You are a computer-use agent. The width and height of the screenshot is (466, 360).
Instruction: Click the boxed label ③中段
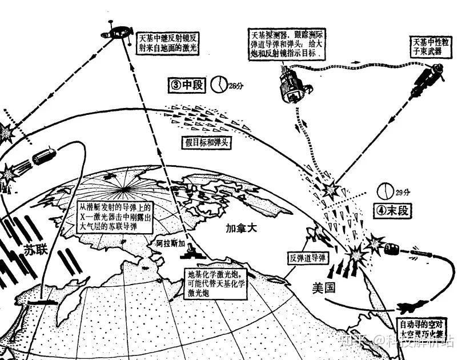click(186, 85)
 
